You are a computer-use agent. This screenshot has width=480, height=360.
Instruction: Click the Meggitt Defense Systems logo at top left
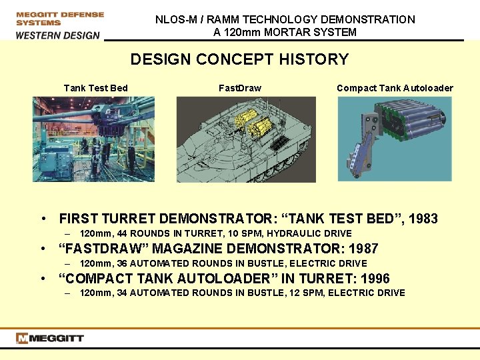[60, 18]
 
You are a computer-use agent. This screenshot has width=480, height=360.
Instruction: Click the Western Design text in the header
[58, 35]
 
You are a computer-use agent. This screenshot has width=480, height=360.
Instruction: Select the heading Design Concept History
[239, 59]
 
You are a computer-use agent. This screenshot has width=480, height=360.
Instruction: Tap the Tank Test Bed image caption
[95, 88]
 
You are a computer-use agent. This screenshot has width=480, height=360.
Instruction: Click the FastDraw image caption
[240, 88]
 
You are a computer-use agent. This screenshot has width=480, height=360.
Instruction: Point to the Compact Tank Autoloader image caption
[395, 88]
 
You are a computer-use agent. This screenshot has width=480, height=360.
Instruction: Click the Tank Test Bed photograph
[94, 139]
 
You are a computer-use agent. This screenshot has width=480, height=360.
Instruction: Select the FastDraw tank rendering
[246, 139]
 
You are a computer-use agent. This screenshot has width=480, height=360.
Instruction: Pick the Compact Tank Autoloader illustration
[395, 139]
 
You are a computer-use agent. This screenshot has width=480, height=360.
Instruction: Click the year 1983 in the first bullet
[422, 219]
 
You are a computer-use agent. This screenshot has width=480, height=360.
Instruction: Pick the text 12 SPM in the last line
[299, 293]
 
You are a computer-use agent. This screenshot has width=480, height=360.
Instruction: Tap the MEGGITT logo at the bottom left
[51, 339]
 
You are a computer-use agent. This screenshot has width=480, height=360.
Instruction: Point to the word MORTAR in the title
[289, 32]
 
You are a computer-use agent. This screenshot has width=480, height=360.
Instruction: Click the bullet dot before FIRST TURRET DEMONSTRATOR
[42, 219]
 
